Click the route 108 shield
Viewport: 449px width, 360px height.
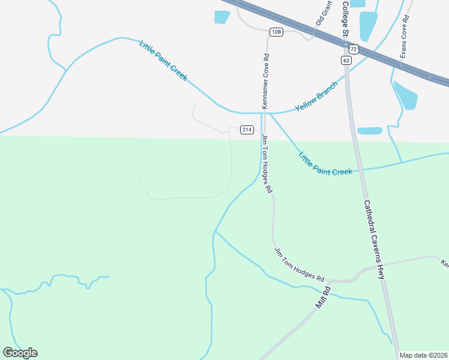click(276, 32)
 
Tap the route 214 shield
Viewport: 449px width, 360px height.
click(247, 130)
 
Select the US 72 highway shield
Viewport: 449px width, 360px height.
click(354, 49)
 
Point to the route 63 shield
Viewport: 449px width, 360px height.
click(346, 60)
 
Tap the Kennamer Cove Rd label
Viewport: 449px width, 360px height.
click(265, 81)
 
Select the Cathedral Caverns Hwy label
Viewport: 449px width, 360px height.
click(373, 239)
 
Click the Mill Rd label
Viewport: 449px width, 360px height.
click(324, 297)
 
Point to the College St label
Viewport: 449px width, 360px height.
click(345, 18)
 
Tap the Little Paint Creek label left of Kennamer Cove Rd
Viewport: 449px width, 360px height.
click(163, 61)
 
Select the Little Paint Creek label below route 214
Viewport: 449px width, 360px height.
click(325, 163)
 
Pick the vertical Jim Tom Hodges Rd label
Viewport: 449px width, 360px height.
click(267, 164)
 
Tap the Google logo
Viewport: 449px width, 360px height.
click(20, 353)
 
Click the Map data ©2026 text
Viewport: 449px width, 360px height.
click(424, 355)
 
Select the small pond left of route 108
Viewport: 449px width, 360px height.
click(221, 17)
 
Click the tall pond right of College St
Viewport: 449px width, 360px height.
click(367, 26)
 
